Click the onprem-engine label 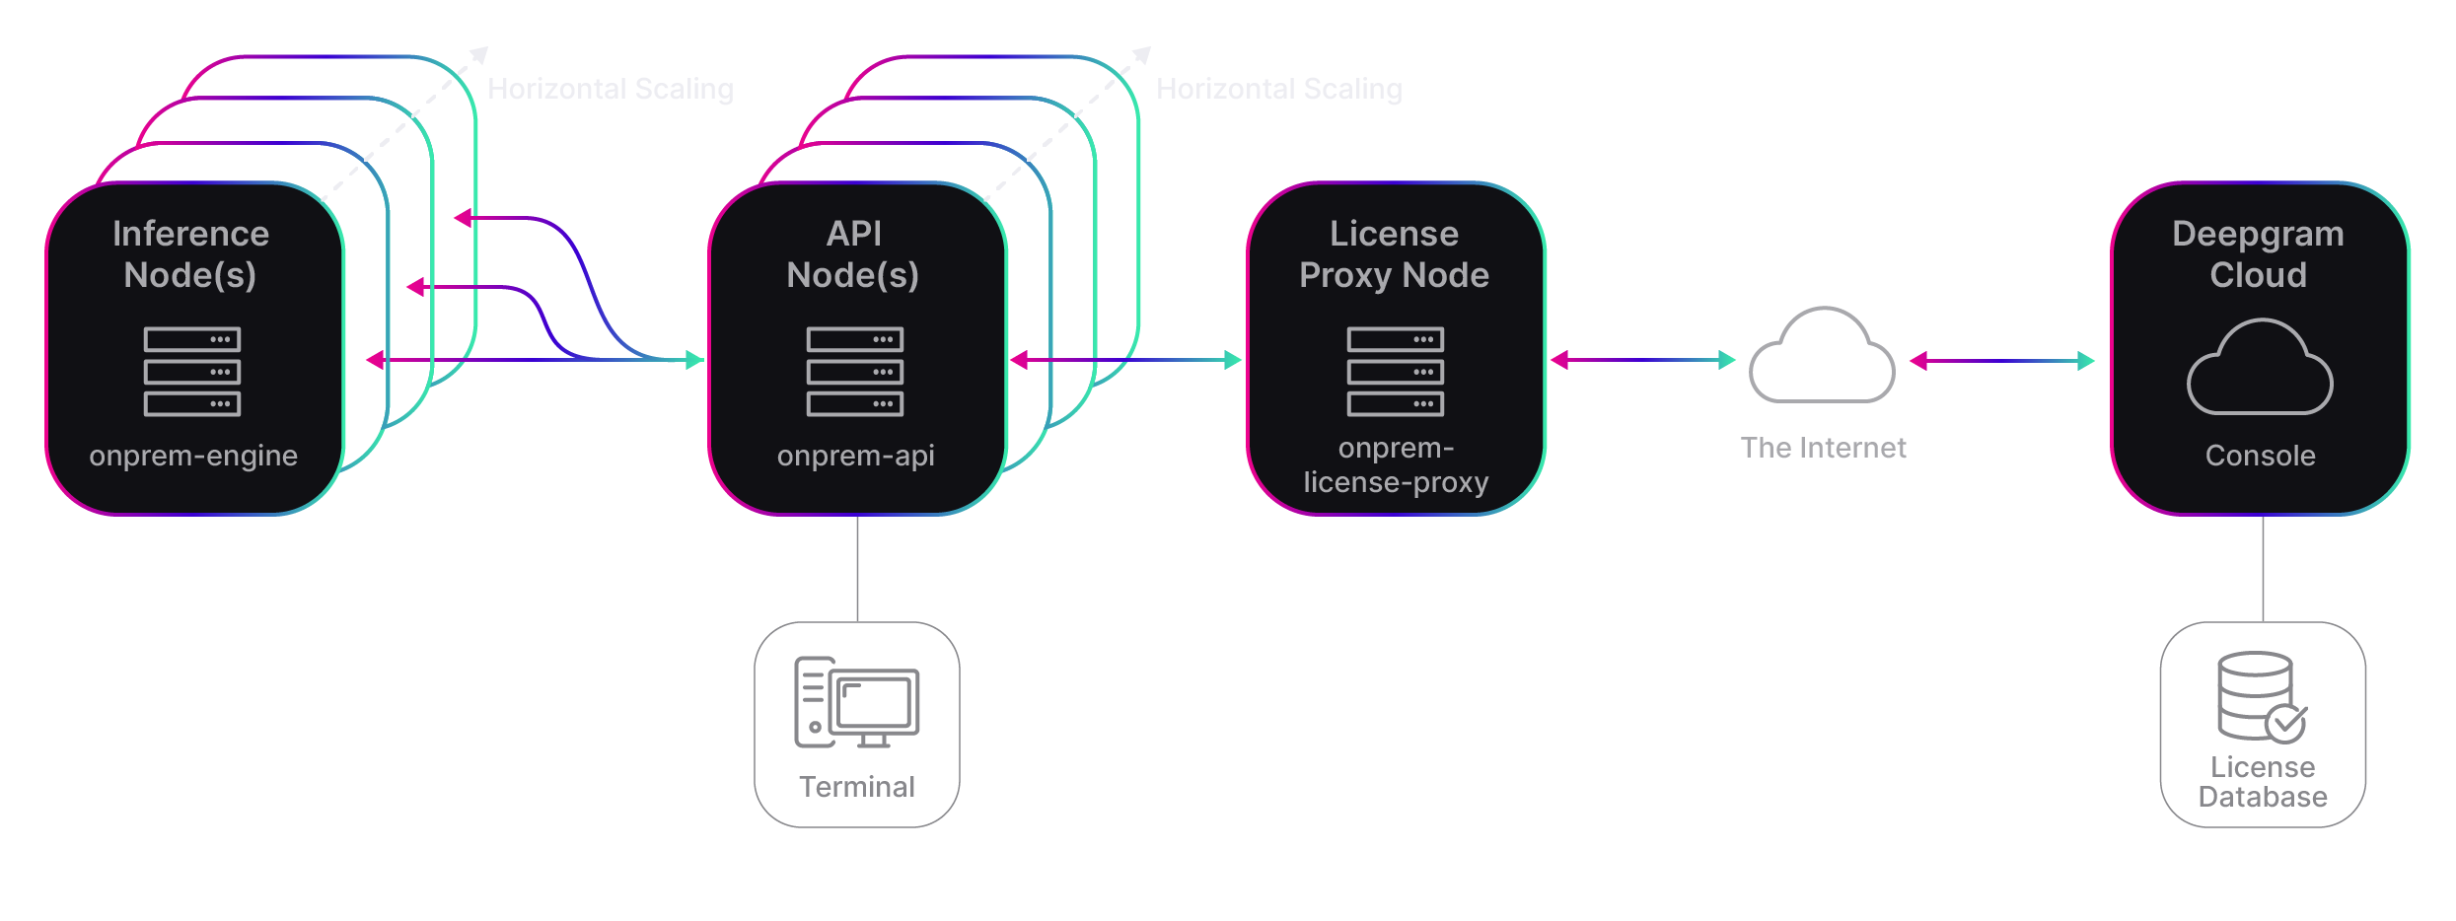point(193,456)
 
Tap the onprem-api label point(855,456)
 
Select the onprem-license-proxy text point(1396,465)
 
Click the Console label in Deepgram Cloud point(2260,456)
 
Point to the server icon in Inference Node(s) point(192,372)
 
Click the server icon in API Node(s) point(855,372)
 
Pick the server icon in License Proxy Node point(1396,372)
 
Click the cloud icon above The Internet point(1822,356)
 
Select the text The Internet point(1823,448)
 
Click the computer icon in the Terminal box point(856,702)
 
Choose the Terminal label point(857,787)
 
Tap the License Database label point(2263,782)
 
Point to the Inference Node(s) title point(190,254)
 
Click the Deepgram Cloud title point(2259,254)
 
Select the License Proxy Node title point(1394,254)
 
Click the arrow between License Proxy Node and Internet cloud point(1642,360)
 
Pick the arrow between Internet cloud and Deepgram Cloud point(2001,361)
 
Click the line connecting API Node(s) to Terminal point(857,568)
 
